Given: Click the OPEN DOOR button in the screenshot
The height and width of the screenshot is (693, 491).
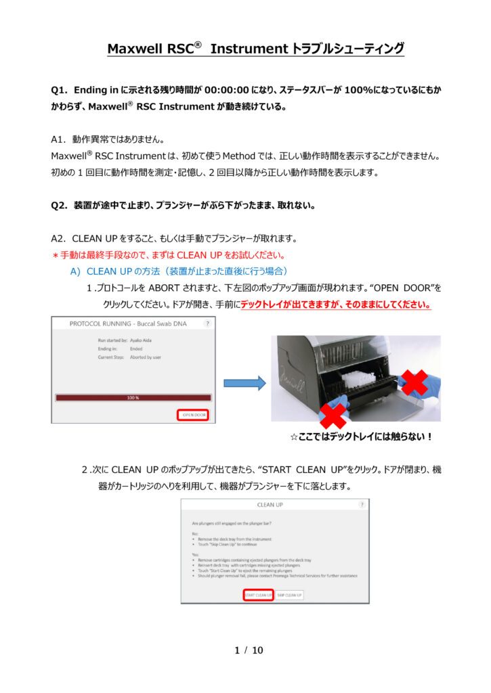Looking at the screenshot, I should [193, 415].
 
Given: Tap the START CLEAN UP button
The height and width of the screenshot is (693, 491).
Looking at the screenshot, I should [258, 595].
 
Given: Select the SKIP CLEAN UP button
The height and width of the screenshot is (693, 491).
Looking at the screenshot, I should [290, 595].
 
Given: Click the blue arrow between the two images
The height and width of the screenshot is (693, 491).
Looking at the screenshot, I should [245, 383].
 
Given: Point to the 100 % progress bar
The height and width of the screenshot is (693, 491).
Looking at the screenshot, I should [133, 398].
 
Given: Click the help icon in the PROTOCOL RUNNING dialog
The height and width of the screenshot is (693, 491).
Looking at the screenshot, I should [207, 324].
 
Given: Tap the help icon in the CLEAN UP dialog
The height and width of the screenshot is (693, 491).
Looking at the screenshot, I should [362, 504].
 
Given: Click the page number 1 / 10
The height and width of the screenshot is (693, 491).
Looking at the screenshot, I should [248, 650].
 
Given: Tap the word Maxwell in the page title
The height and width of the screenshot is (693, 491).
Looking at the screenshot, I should [135, 49].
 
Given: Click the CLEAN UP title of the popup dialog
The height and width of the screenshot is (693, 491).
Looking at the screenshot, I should [270, 504].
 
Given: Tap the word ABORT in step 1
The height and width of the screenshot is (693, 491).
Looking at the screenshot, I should [149, 288].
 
